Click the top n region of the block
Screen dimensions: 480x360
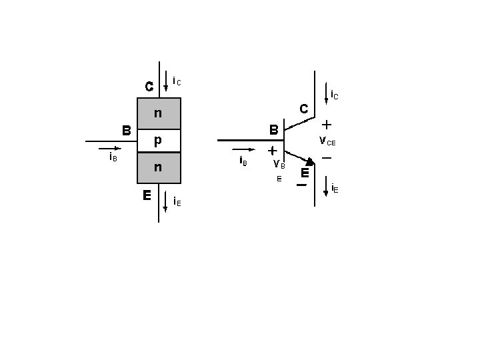click(159, 113)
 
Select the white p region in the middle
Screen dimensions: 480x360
click(159, 141)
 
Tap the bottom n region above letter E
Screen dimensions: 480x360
click(159, 167)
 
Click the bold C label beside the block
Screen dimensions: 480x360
click(149, 86)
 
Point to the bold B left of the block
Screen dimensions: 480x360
click(126, 129)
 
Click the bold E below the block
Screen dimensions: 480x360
click(145, 195)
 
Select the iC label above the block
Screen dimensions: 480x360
click(177, 81)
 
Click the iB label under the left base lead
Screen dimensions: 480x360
click(113, 157)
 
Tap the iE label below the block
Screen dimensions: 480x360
click(177, 201)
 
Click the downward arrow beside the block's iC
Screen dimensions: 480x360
click(166, 82)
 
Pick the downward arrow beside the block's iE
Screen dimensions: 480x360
click(165, 201)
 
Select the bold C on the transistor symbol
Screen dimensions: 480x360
click(303, 108)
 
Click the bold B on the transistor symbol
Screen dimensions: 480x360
click(273, 129)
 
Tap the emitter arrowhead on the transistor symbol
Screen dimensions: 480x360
click(310, 161)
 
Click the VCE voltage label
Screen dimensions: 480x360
click(327, 141)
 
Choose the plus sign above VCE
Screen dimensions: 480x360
click(327, 125)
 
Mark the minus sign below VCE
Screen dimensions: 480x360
click(327, 158)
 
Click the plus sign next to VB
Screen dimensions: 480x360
click(272, 152)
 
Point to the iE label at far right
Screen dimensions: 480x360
click(335, 189)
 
